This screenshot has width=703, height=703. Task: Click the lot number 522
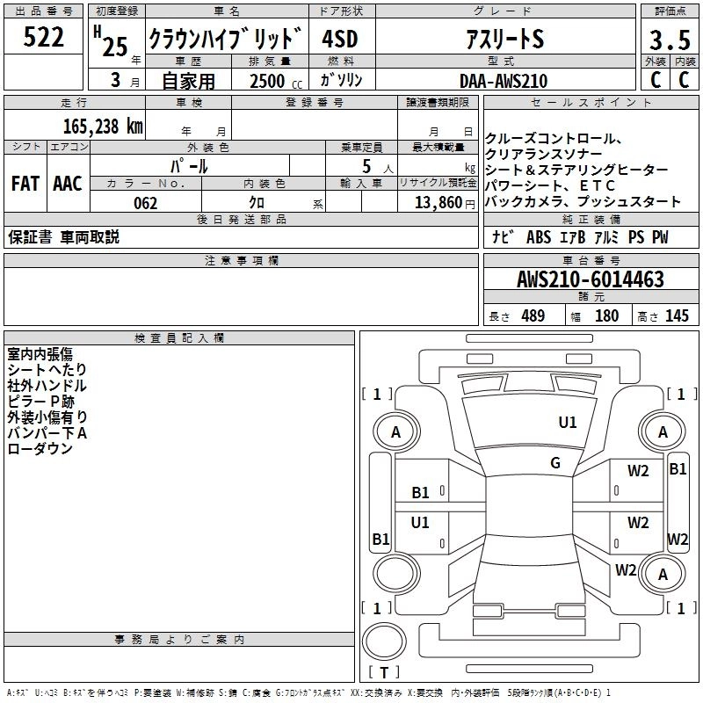[x=44, y=38]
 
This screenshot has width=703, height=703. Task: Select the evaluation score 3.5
[x=669, y=40]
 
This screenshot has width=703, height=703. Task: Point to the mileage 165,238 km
[x=102, y=126]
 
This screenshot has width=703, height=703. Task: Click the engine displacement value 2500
[x=268, y=81]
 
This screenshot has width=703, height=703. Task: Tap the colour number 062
[x=145, y=203]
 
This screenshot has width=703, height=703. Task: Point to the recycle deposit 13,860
[x=436, y=203]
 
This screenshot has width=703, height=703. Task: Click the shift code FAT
[x=25, y=184]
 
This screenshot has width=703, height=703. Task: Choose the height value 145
[x=677, y=316]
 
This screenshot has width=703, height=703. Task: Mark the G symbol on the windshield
[x=555, y=463]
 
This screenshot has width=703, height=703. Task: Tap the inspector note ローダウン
[x=40, y=449]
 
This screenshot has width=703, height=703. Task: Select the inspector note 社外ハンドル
[x=47, y=386]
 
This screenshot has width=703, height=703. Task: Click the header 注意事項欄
[x=241, y=261]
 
